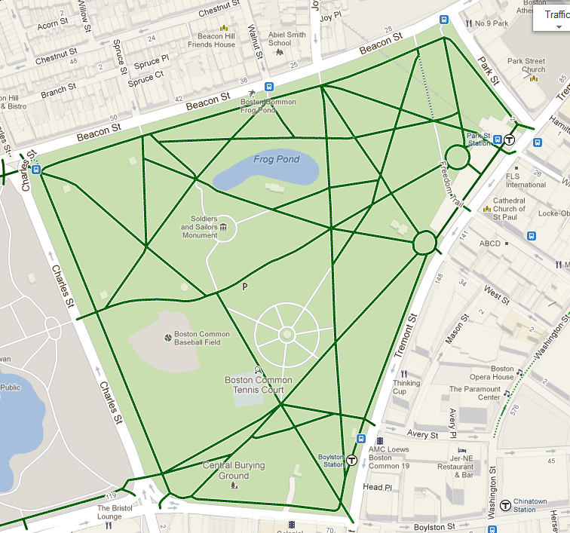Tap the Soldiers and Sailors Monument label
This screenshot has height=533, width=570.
(199, 227)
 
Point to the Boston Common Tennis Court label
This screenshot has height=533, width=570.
(259, 384)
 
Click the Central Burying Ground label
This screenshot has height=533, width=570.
(234, 470)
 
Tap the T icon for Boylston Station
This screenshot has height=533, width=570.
(351, 460)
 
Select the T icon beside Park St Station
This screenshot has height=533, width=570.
(510, 139)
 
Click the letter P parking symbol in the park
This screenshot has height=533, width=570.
(244, 286)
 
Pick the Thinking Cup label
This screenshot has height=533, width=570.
(406, 387)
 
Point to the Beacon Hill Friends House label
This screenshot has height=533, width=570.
(212, 40)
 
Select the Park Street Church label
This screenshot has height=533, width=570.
(526, 66)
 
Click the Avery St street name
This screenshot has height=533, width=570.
(423, 435)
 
